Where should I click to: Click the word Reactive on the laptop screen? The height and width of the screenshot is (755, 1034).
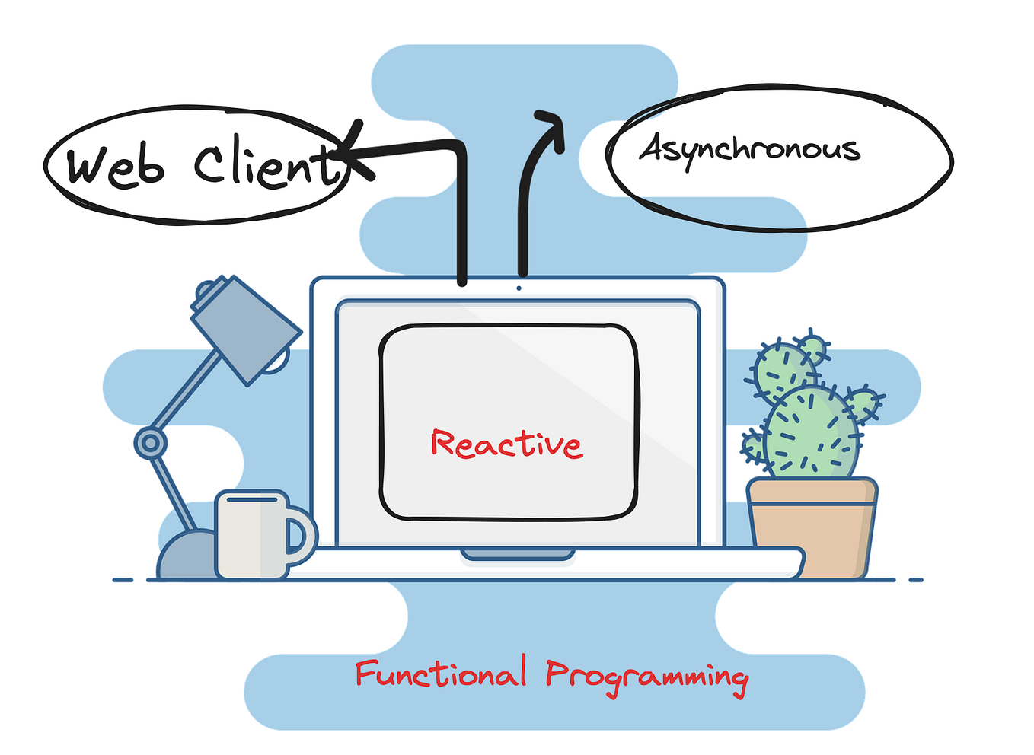coord(506,444)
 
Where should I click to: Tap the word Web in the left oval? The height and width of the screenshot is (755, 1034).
coord(115,165)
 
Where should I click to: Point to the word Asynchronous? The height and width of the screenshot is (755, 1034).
coord(750,148)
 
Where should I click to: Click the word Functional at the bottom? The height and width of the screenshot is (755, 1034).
coord(440,674)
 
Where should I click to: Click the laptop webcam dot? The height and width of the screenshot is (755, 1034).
coord(519,288)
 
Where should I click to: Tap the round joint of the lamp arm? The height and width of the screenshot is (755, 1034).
coord(150,442)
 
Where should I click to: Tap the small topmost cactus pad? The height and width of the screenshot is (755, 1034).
coord(813,349)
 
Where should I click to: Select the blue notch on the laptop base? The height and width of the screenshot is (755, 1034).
coord(518,555)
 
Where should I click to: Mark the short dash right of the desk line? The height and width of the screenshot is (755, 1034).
coord(915,580)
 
